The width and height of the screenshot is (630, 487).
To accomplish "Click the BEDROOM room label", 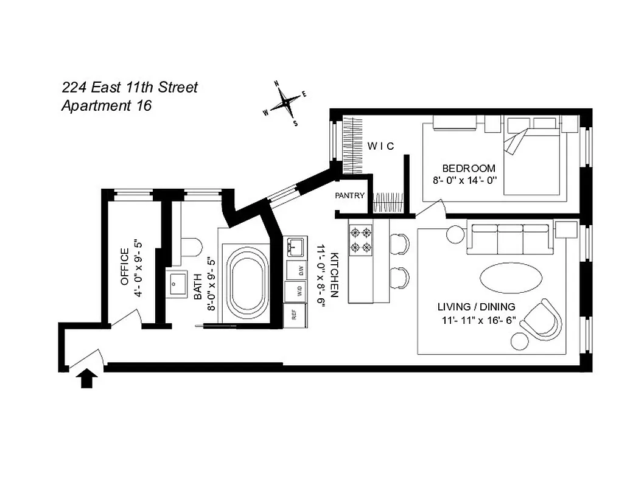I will (x=468, y=168).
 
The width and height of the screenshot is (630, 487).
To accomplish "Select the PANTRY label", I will (x=350, y=196).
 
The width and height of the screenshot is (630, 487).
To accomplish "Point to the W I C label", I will (x=380, y=146).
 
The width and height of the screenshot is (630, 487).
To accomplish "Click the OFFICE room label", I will (x=125, y=267).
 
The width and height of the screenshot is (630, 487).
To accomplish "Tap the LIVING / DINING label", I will (x=476, y=306).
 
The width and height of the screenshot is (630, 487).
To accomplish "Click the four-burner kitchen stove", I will (x=360, y=239).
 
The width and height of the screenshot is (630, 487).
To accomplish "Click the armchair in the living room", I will (x=541, y=319).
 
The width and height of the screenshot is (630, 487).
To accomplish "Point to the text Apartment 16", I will (x=107, y=105).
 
